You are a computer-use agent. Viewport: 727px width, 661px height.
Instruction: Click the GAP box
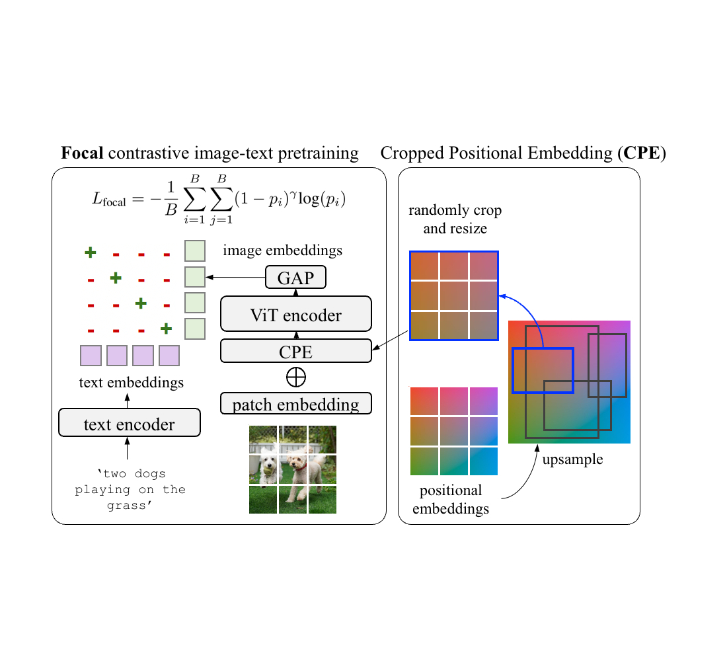295,277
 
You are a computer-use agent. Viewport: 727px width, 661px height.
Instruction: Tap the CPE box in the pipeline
295,350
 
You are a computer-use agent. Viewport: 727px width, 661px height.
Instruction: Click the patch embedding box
295,403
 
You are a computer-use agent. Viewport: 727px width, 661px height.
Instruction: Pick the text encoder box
129,422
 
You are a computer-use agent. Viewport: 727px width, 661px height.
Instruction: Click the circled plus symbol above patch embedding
295,377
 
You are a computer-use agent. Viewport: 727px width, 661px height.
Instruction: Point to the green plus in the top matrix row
91,252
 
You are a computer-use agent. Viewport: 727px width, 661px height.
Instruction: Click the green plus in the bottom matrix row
167,329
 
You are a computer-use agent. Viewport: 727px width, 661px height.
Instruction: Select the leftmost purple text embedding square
91,356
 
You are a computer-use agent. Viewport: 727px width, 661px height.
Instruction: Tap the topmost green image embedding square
194,251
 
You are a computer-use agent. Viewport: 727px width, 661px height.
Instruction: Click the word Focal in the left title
82,154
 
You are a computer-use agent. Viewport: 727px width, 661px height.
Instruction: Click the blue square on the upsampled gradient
543,370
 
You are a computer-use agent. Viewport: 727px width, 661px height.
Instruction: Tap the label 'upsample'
572,459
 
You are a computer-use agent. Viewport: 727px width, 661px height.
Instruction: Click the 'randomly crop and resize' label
455,220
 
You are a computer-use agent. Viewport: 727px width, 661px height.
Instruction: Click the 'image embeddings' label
282,250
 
